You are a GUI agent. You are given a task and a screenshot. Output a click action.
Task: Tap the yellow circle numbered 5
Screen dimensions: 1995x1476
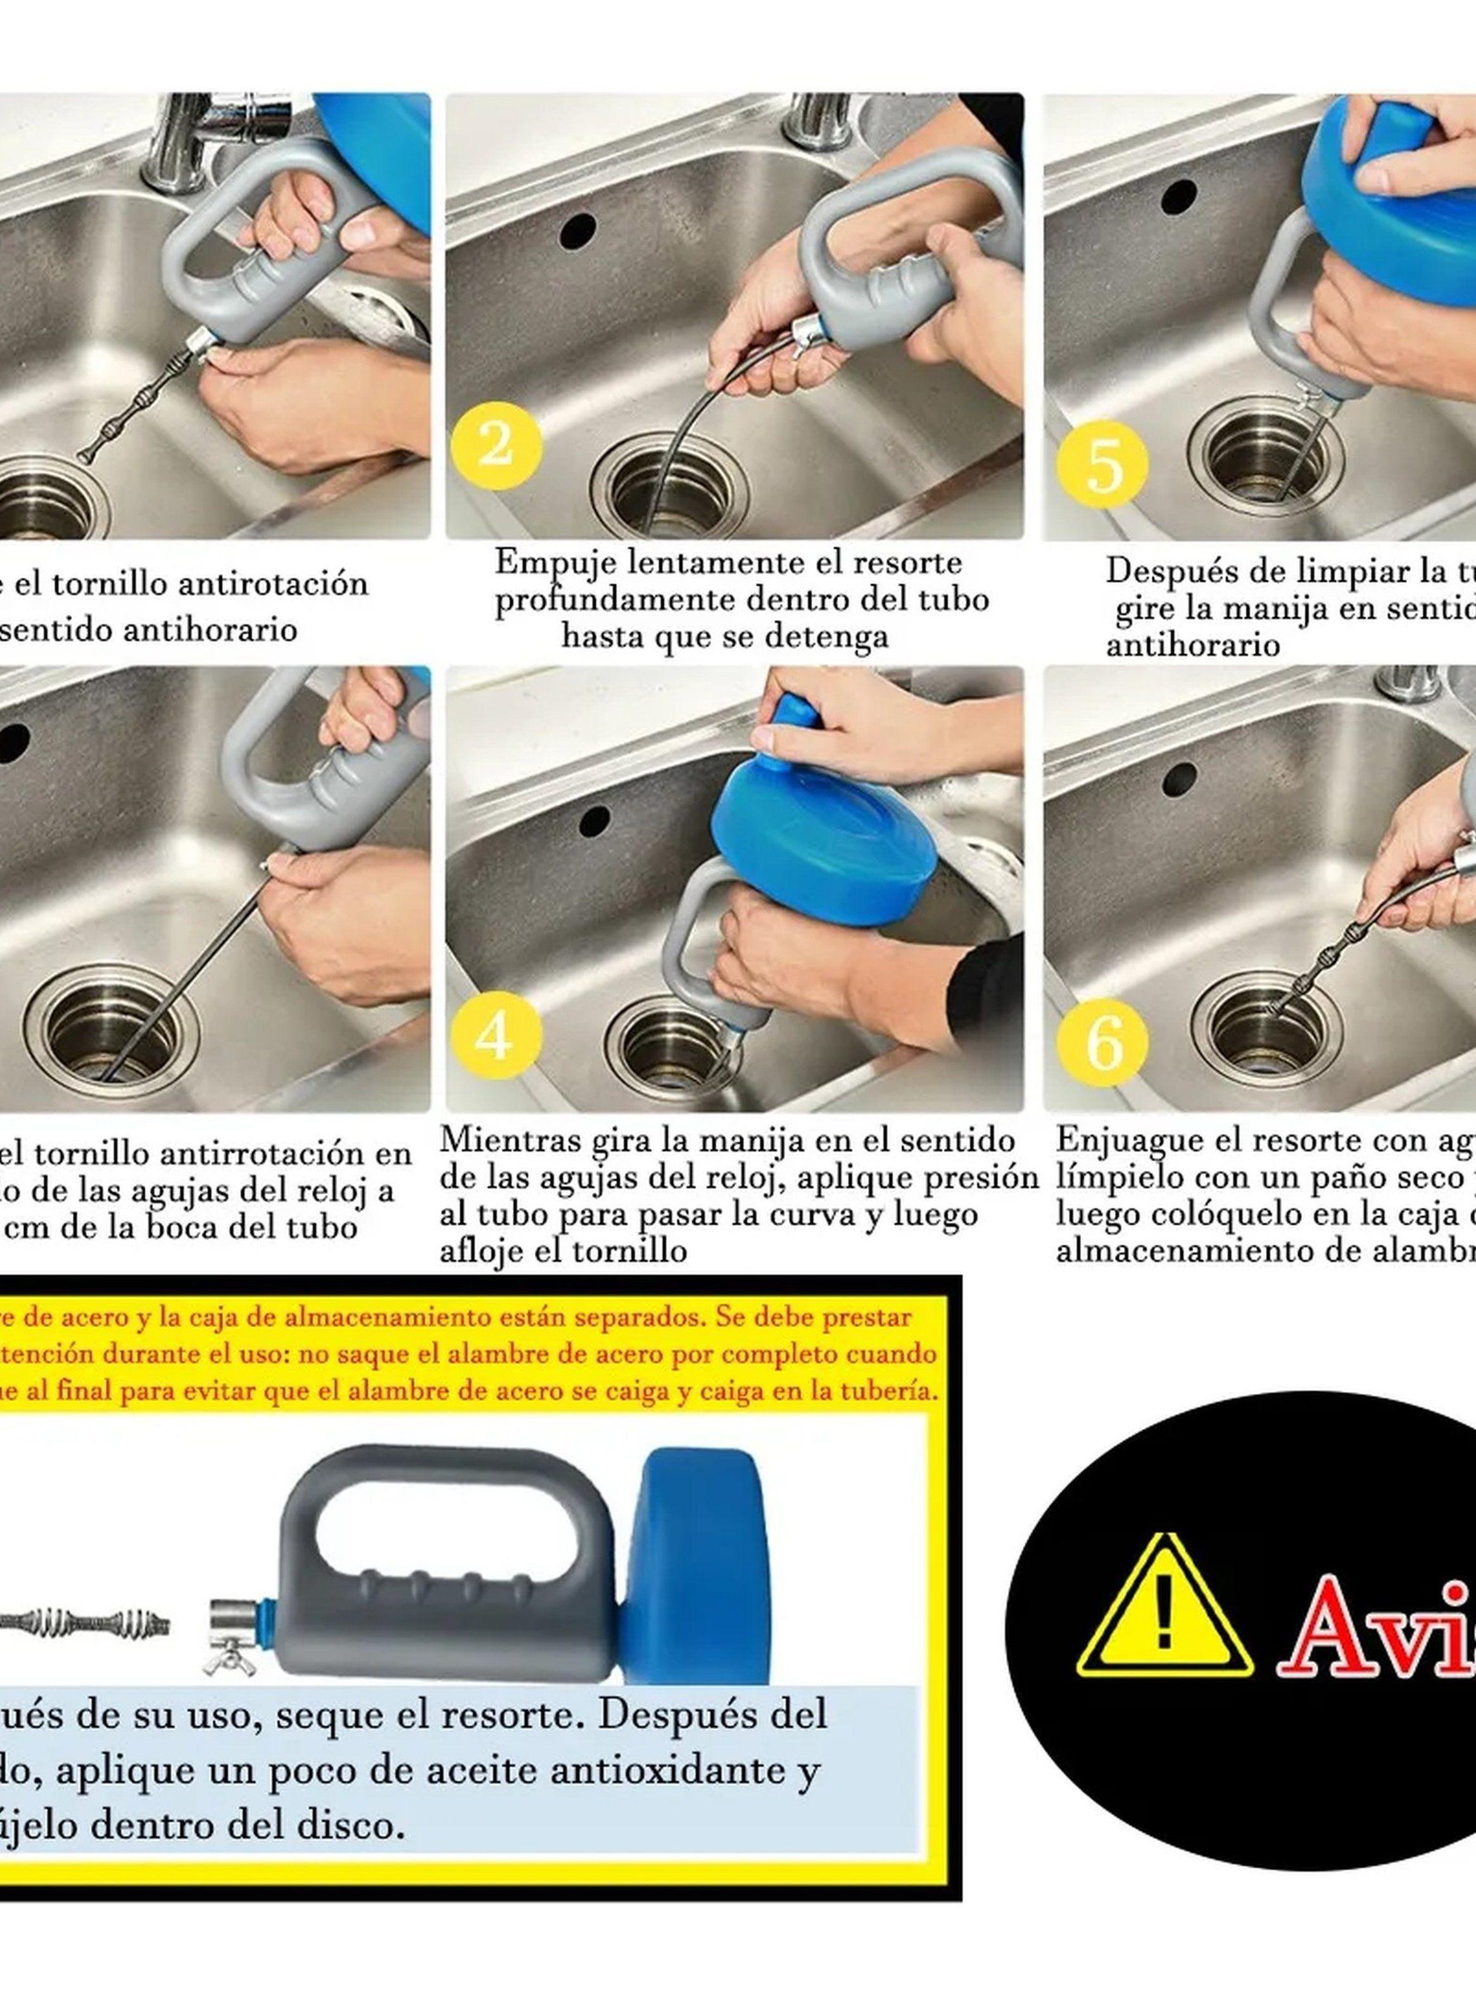point(1102,465)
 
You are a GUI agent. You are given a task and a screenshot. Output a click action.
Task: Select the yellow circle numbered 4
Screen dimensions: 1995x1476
point(496,1035)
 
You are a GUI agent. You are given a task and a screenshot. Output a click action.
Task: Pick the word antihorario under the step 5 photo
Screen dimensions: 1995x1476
point(1193,645)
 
